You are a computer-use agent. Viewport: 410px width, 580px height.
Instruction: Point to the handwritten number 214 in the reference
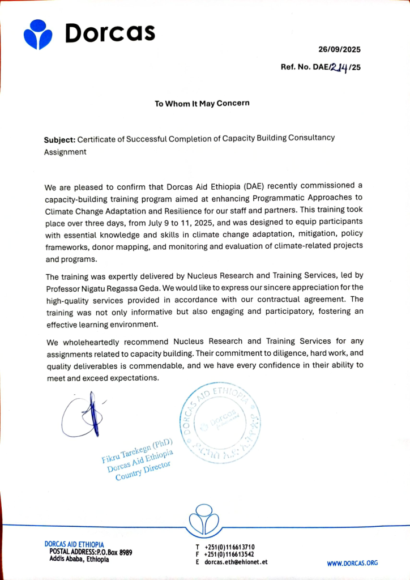point(338,66)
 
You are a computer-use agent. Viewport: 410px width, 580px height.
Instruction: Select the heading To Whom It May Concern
point(202,104)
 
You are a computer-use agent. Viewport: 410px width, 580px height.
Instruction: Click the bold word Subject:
point(59,139)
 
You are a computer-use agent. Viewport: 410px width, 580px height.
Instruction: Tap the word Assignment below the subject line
point(65,152)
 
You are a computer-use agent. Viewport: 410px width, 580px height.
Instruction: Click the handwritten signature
point(80,415)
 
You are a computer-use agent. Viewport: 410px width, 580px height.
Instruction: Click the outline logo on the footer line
point(204,518)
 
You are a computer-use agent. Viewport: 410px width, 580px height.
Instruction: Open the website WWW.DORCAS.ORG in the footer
point(352,563)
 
